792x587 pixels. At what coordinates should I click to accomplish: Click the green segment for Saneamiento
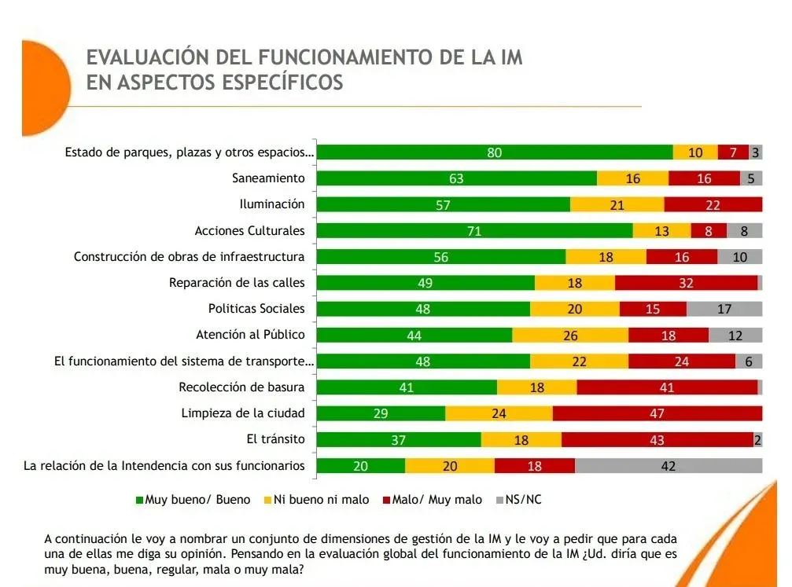456,178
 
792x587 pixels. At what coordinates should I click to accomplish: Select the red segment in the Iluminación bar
713,204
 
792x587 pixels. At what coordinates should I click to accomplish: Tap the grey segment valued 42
668,465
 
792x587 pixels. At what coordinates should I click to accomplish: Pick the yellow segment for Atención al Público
570,335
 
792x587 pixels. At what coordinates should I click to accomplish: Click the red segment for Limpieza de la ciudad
657,413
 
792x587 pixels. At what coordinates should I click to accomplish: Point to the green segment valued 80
494,152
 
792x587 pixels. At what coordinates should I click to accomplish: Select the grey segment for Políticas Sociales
724,309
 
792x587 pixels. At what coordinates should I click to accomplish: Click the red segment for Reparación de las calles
686,283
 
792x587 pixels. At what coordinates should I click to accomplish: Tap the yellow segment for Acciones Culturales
661,230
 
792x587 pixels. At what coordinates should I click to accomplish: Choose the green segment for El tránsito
398,439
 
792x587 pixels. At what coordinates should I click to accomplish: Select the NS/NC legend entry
522,500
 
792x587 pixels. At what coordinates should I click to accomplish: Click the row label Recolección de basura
241,387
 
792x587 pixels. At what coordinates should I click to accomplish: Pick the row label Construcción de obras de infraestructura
189,256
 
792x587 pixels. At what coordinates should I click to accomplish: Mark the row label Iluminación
271,204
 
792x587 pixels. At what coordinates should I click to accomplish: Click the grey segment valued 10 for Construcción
739,256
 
